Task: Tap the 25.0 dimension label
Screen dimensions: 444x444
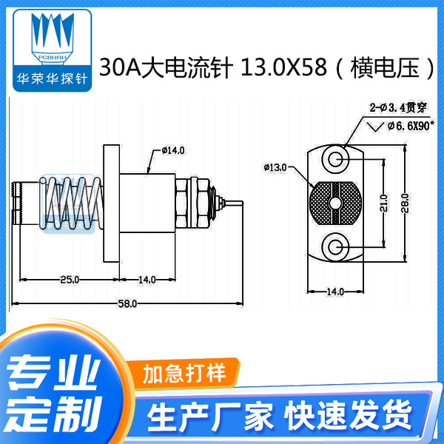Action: coord(70,279)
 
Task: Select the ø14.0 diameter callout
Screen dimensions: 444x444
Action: coord(172,150)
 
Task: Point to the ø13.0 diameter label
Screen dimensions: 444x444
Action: coord(275,168)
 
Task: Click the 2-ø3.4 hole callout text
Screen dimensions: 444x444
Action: coord(394,109)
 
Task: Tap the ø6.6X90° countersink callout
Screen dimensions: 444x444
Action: coord(411,127)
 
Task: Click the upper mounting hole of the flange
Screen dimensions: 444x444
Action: coord(336,159)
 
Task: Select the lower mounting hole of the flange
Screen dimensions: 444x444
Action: coord(336,246)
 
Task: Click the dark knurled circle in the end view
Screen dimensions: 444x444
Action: coord(335,203)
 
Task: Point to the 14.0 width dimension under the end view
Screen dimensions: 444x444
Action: coord(335,291)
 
